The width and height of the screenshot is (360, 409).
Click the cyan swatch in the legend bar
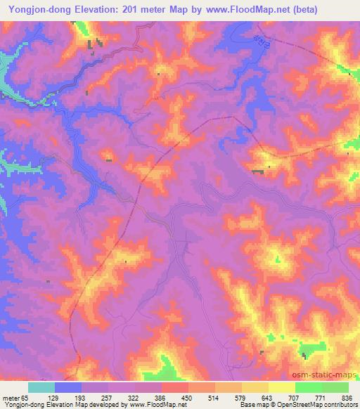(x=41, y=387)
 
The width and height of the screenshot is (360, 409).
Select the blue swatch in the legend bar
(x=68, y=387)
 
